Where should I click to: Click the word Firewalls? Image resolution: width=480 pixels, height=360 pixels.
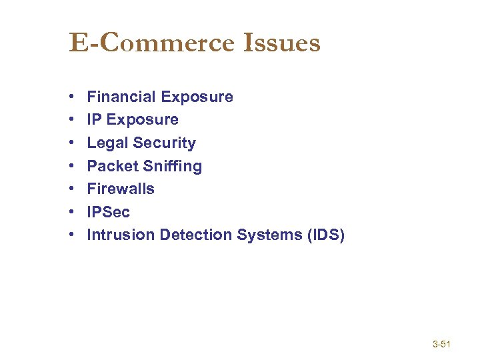coord(121,189)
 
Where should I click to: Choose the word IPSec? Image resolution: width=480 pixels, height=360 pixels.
coord(109,212)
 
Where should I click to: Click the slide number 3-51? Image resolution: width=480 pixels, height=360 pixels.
coord(442,345)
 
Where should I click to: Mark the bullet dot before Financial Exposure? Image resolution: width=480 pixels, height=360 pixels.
coord(72,97)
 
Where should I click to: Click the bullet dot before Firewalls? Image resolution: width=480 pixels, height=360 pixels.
coord(72,189)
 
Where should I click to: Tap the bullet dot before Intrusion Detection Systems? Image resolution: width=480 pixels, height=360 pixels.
coord(72,235)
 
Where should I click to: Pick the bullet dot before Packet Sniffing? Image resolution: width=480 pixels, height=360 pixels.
coord(72,167)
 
